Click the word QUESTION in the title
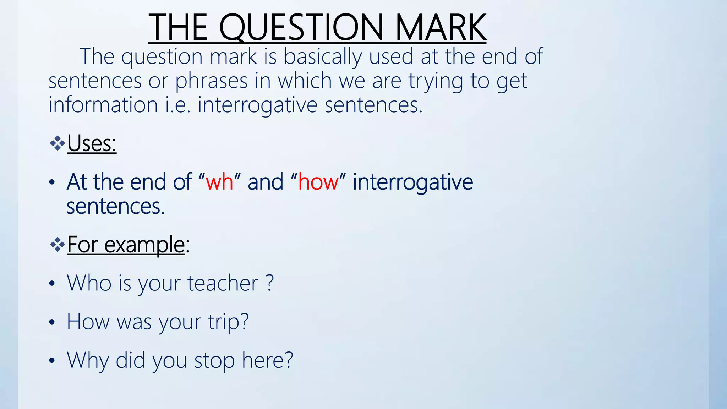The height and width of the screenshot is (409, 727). (x=301, y=28)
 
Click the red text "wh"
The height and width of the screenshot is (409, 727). (x=219, y=182)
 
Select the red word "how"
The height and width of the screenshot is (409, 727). (x=318, y=182)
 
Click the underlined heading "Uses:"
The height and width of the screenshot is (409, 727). (x=92, y=144)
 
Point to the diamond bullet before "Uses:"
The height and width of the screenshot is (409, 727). (x=57, y=143)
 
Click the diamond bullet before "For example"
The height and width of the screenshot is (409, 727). (x=57, y=244)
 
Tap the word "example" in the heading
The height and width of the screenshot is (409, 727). (x=144, y=245)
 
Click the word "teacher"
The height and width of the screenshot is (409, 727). (x=223, y=283)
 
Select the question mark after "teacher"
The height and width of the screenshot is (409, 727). (x=270, y=283)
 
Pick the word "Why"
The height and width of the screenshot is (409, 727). (x=88, y=361)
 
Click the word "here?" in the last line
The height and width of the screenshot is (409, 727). (x=267, y=360)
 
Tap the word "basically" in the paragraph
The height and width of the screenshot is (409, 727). (x=323, y=57)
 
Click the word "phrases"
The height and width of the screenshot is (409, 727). (x=211, y=81)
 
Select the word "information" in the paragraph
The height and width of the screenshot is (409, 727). (x=103, y=105)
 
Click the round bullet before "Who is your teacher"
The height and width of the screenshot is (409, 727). (x=52, y=284)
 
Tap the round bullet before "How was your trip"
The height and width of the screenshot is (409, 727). (x=52, y=322)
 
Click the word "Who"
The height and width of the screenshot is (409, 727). (x=89, y=283)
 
